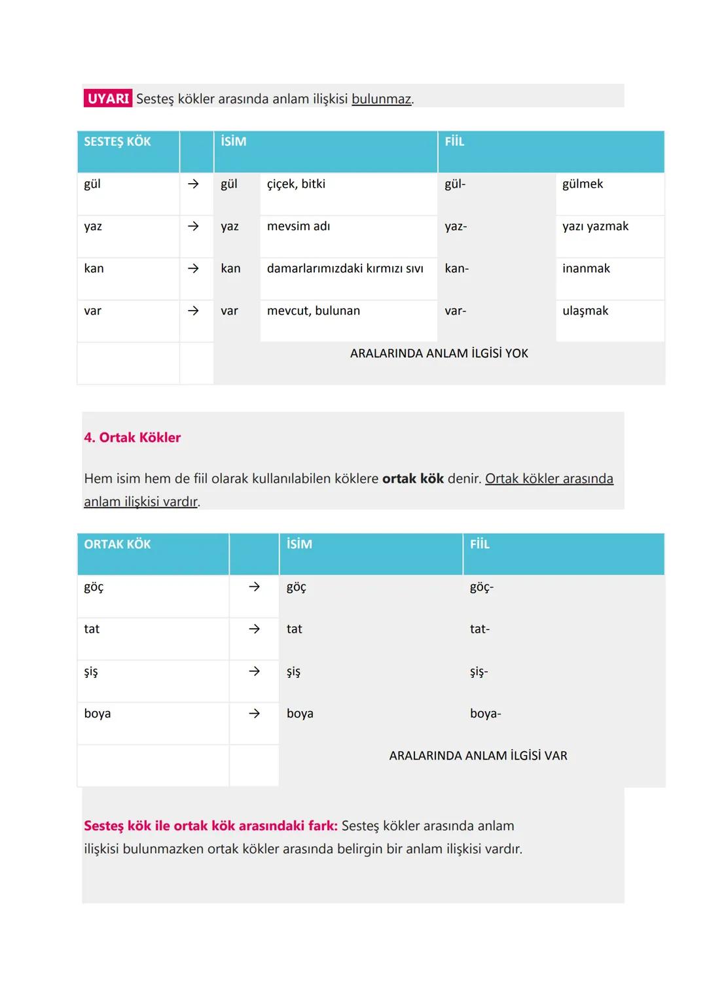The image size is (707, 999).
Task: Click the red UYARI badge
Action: [108, 99]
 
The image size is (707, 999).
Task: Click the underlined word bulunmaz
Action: [381, 99]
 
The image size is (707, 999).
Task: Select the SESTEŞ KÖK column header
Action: [118, 141]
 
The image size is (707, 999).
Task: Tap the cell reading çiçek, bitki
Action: [296, 184]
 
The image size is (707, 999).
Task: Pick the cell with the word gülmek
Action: [583, 184]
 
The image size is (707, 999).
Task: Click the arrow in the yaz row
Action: [193, 226]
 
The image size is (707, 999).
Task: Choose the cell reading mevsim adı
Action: [299, 226]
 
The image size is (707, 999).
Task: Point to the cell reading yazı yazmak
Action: [595, 226]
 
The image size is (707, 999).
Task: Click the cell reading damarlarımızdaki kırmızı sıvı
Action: [345, 268]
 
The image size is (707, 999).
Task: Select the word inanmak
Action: [586, 268]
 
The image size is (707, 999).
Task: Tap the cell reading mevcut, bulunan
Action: [314, 311]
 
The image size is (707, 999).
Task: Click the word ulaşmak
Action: [585, 311]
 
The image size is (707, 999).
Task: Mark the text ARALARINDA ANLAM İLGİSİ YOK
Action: [439, 353]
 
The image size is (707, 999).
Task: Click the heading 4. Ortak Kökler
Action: [132, 438]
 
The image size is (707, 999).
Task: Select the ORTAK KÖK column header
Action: [118, 544]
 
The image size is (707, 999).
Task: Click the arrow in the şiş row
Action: [255, 671]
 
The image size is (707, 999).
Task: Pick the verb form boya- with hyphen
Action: [485, 714]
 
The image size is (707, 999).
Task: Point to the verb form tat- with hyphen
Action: [480, 629]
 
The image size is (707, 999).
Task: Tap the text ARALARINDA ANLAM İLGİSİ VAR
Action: [478, 756]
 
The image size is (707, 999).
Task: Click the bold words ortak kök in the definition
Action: [413, 479]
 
